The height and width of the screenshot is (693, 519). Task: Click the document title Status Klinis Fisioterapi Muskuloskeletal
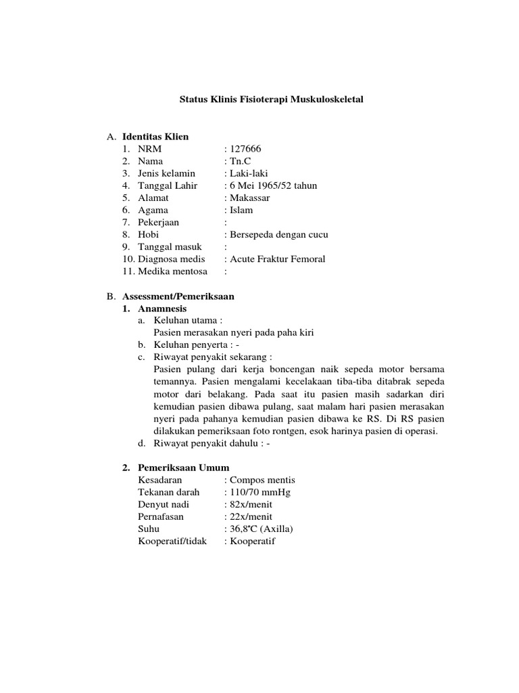[271, 99]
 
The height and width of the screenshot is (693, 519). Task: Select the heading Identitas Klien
[155, 137]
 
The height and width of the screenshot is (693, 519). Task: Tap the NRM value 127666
[246, 149]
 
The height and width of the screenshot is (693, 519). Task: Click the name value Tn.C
[239, 161]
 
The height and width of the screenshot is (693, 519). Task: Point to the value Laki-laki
[248, 173]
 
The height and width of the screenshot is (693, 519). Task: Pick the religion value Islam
[241, 210]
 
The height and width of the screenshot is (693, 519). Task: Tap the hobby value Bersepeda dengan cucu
[278, 234]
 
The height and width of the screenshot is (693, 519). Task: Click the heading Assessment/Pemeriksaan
[178, 296]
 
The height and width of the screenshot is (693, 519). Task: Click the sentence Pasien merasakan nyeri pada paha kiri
[234, 332]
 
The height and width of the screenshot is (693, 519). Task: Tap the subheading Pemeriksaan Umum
[183, 468]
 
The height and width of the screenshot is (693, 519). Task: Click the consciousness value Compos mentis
[262, 480]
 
